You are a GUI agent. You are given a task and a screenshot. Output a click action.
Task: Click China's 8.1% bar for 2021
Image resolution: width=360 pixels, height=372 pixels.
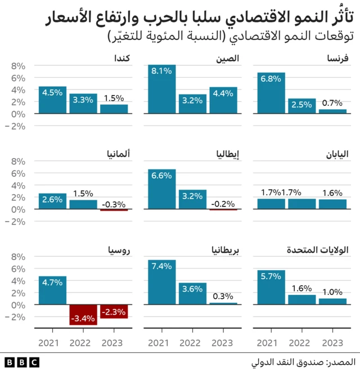tap(162, 89)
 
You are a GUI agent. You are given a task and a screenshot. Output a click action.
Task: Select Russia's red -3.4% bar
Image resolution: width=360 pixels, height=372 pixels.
tap(83, 315)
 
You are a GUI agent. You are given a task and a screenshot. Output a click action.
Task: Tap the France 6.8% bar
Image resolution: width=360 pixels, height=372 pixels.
tap(271, 93)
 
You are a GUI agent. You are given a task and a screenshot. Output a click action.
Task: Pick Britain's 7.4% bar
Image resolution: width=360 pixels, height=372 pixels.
tap(162, 282)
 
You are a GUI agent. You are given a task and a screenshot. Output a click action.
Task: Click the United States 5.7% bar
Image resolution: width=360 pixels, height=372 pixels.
tap(271, 287)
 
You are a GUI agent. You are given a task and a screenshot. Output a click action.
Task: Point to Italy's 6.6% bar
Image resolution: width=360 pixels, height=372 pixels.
tap(162, 189)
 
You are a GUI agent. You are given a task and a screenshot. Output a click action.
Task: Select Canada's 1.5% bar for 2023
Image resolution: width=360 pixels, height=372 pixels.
tap(114, 109)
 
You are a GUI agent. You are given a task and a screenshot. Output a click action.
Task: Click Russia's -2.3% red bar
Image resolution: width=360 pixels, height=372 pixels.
tap(114, 311)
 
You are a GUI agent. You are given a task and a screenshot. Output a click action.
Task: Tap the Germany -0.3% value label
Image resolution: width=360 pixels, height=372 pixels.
tap(114, 204)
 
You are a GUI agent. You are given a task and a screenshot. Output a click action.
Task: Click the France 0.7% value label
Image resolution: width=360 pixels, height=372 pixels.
tap(332, 103)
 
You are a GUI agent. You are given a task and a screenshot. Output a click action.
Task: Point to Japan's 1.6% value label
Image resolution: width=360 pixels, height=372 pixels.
tap(332, 193)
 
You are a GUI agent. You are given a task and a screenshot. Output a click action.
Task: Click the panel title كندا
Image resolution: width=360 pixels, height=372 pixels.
tap(123, 59)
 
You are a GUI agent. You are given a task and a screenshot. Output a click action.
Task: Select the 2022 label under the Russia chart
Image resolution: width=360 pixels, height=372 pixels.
tap(83, 343)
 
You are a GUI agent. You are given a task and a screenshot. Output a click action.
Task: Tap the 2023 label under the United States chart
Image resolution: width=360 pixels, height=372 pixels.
tap(332, 343)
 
